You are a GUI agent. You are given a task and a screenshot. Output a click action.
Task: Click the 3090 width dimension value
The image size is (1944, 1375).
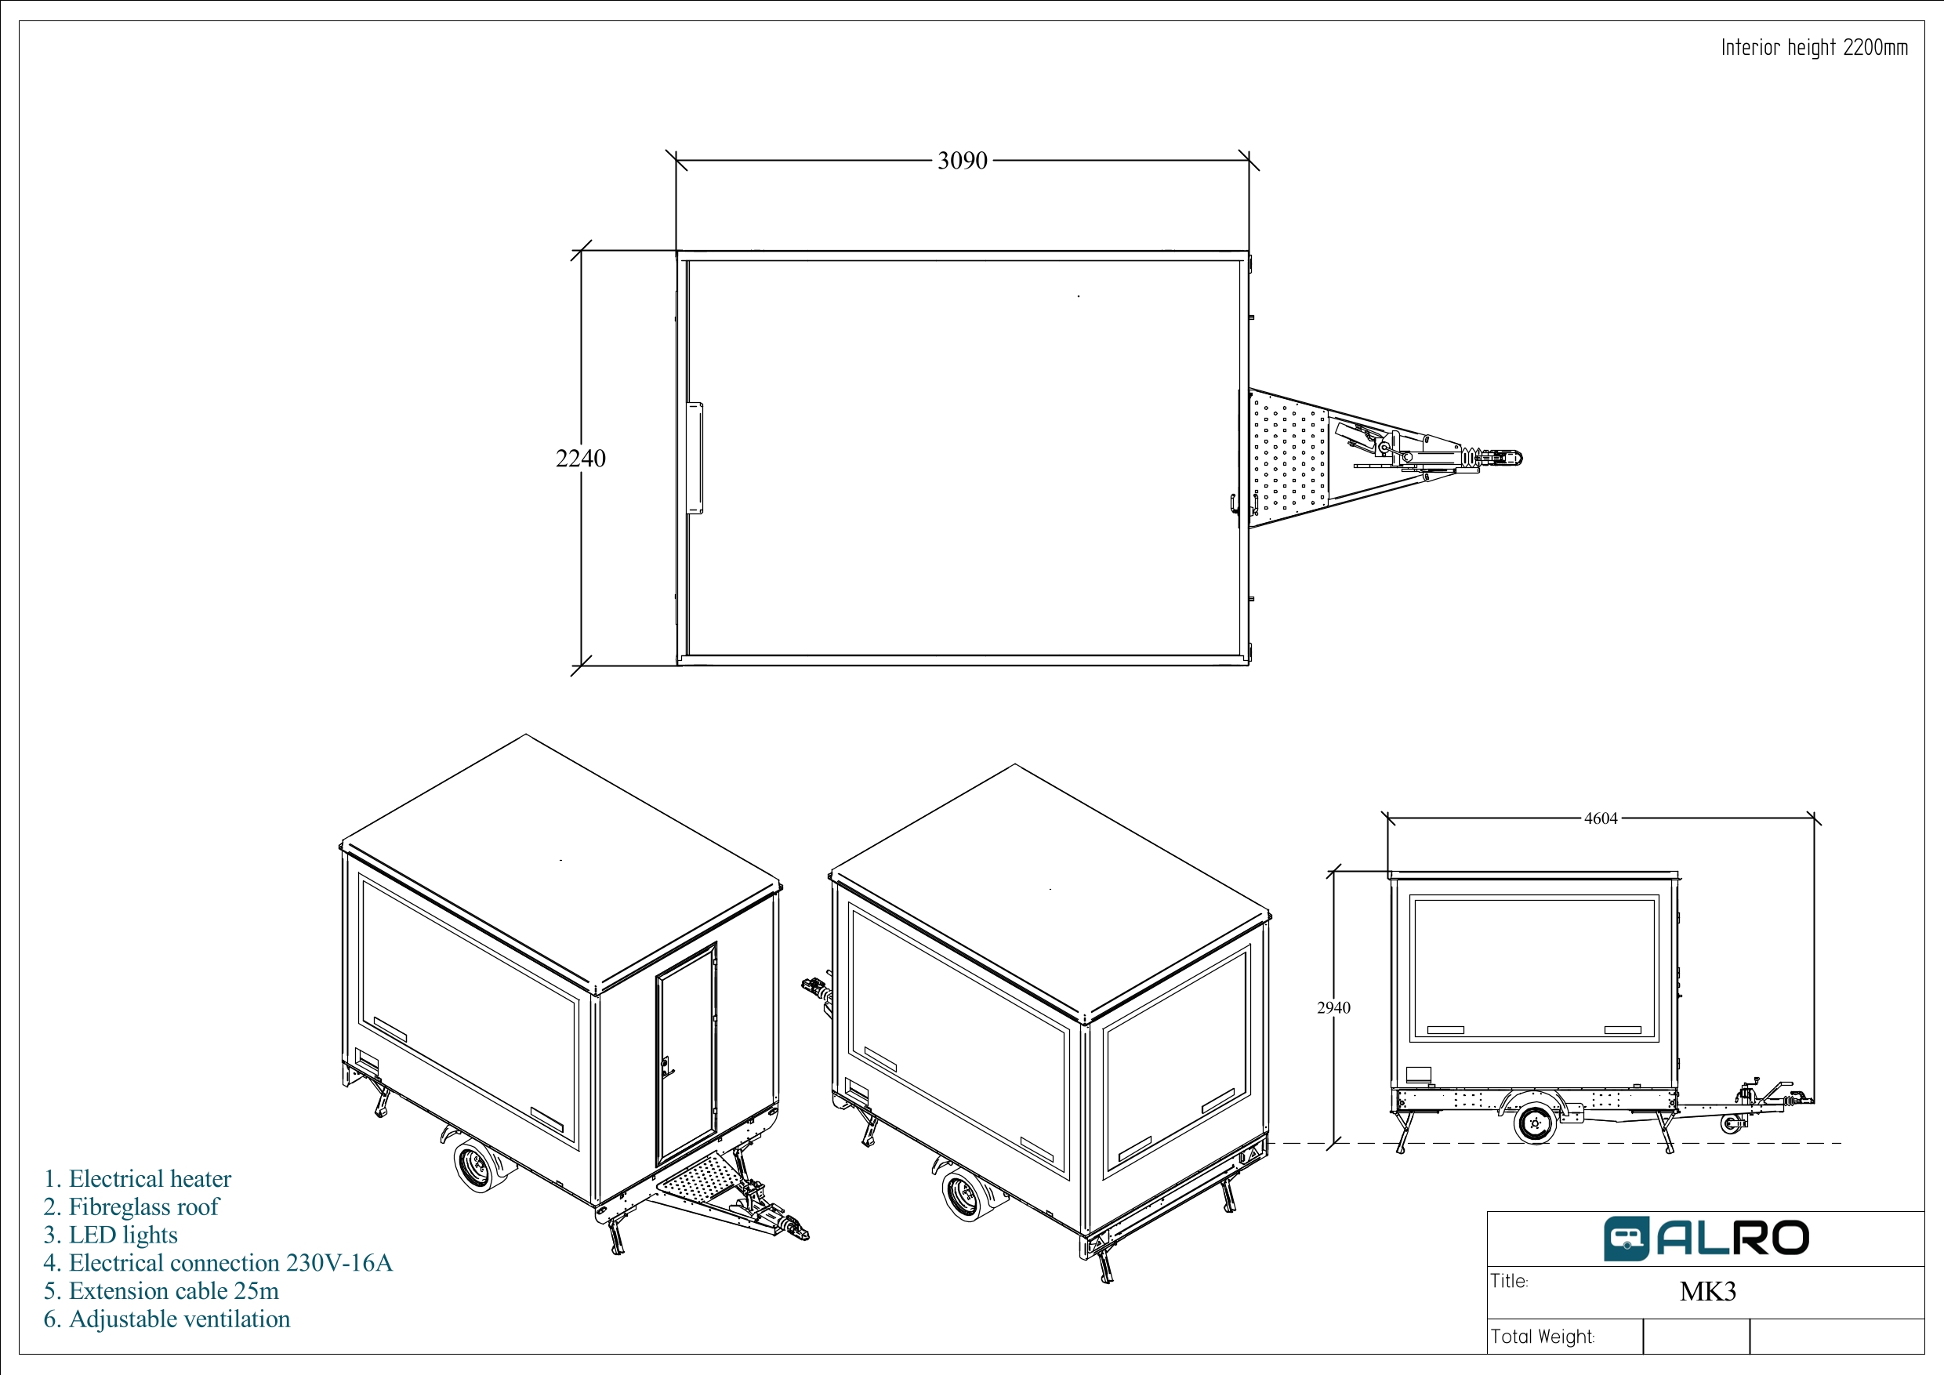962,160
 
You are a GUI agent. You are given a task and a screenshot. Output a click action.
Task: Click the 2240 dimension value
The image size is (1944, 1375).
580,458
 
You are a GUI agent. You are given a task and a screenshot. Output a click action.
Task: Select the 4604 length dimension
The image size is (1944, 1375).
1600,818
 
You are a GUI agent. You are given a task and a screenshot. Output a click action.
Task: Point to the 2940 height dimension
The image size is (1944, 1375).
1333,1007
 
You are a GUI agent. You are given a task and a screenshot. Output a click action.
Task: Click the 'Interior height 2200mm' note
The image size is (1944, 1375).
1815,47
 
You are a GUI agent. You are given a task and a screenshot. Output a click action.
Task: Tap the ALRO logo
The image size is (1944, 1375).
1706,1239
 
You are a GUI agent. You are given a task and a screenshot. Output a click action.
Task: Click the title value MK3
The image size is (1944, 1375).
1708,1291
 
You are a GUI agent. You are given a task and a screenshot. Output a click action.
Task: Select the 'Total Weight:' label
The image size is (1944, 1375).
1543,1337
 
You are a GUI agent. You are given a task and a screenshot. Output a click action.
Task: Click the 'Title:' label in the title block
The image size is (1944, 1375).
1510,1281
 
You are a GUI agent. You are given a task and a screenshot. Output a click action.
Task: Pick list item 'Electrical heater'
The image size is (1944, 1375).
137,1178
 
